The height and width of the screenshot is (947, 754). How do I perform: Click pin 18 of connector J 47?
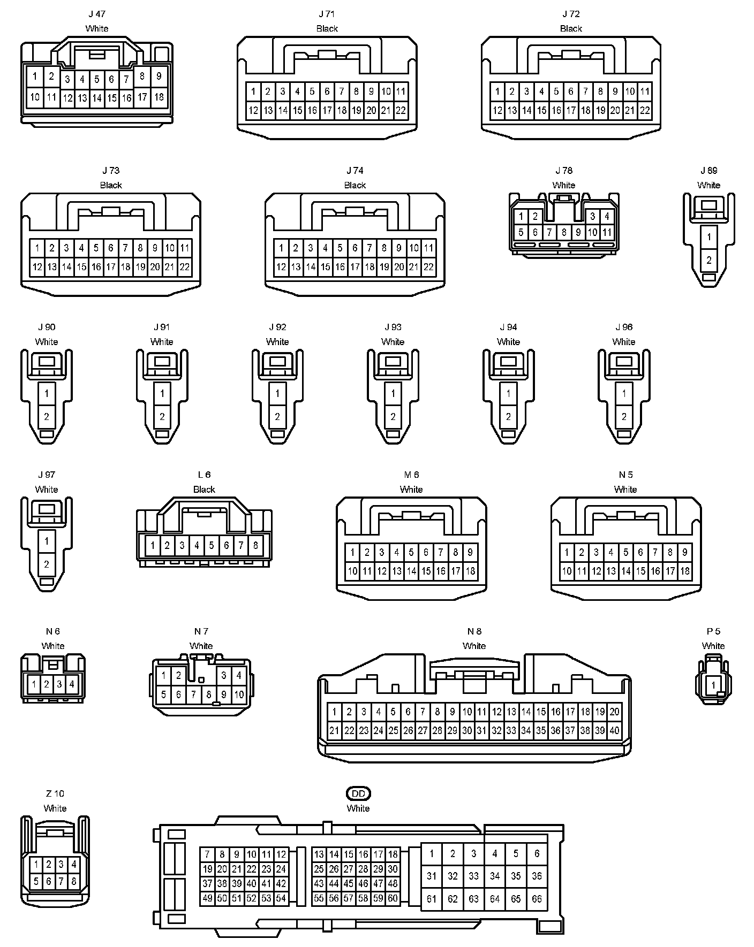[x=159, y=97]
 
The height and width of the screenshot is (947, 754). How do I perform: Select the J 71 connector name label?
[x=327, y=14]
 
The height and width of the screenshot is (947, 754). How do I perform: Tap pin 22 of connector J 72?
[x=645, y=110]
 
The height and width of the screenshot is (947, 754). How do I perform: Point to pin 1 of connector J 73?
[x=37, y=248]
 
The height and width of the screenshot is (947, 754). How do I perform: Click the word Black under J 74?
[x=355, y=185]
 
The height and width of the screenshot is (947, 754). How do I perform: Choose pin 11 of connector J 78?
[x=607, y=232]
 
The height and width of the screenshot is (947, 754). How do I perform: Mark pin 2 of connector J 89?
[x=709, y=260]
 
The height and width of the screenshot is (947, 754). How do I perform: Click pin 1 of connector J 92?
[x=277, y=394]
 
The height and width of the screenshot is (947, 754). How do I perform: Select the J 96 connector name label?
[x=624, y=327]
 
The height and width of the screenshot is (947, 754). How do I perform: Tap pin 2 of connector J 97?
[x=47, y=564]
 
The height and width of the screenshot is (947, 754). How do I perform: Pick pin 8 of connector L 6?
[x=255, y=545]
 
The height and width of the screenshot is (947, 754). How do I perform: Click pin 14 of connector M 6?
[x=411, y=571]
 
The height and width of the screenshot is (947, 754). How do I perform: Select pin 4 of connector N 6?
[x=72, y=684]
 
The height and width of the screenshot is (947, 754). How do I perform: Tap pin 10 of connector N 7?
[x=239, y=694]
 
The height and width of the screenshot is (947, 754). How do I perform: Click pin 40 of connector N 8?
[x=615, y=730]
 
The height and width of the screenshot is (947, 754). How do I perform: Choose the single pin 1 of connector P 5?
[x=713, y=685]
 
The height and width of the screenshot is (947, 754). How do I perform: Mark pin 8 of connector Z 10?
[x=74, y=881]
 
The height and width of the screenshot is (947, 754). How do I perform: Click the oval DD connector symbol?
[x=358, y=793]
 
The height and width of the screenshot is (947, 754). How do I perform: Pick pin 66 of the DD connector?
[x=537, y=899]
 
